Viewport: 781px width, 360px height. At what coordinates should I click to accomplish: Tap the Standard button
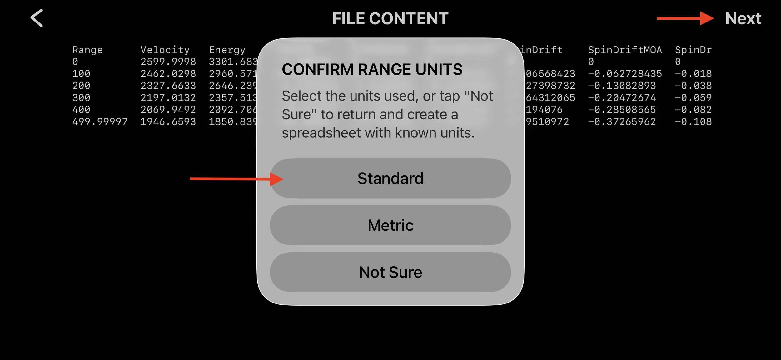coord(390,178)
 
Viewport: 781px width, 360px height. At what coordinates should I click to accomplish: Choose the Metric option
coord(390,225)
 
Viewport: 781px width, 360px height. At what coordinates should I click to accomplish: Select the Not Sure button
coord(390,272)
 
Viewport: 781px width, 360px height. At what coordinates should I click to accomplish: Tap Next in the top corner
coord(743,18)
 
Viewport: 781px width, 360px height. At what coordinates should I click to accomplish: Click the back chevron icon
coord(37,18)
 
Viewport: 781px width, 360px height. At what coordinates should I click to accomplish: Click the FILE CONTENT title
coord(390,18)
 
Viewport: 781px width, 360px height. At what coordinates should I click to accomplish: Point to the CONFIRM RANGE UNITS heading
coord(372,69)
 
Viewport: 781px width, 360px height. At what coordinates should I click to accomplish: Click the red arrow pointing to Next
coord(685,18)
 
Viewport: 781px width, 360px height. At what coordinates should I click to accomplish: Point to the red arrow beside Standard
coord(236,179)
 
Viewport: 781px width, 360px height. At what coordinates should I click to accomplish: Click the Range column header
coord(87,50)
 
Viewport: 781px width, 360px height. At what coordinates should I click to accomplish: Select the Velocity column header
coord(165,50)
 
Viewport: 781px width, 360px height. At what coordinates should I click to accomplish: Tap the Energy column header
coord(227,50)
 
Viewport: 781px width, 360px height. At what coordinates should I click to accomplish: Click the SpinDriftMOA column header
coord(625,50)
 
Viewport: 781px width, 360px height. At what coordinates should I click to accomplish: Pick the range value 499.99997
coord(100,121)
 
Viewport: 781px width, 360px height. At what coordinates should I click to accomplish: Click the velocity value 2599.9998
coord(168,62)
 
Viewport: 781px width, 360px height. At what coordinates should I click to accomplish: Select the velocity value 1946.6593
coord(168,121)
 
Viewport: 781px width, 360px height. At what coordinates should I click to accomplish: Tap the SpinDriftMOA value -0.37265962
coord(622,121)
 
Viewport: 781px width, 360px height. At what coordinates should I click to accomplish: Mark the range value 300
coord(81,97)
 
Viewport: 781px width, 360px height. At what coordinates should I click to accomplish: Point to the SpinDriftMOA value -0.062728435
coord(625,74)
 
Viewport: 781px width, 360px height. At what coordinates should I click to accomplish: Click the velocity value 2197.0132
coord(168,97)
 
